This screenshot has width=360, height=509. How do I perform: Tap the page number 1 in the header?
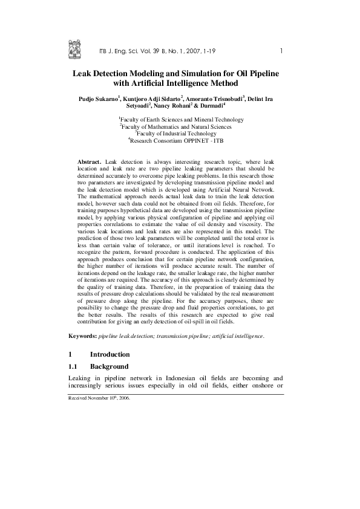[x=282, y=50]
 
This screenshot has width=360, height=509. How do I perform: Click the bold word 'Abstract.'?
[x=89, y=163]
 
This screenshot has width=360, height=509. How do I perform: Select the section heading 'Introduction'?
[x=110, y=354]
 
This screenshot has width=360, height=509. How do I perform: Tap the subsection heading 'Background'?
[x=110, y=366]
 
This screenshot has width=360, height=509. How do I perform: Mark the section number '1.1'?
[x=74, y=366]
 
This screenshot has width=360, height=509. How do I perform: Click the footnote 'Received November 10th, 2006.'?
[x=99, y=399]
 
